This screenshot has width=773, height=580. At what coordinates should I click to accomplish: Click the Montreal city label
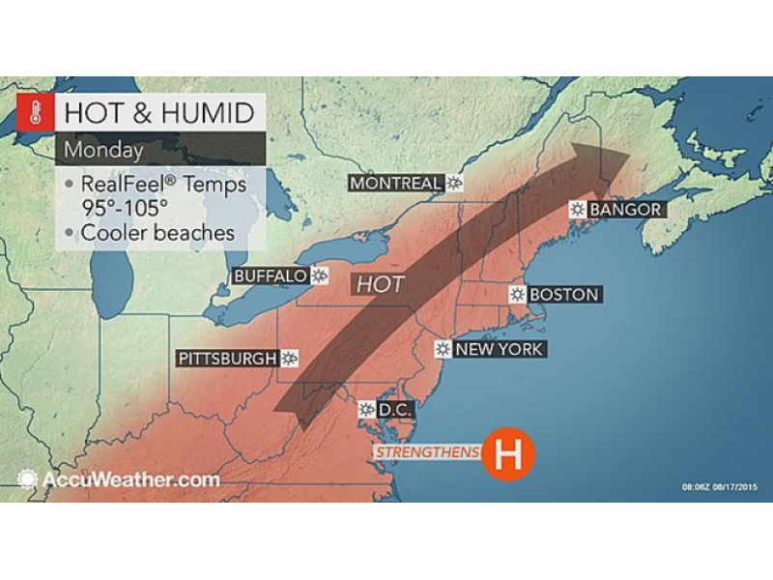point(395,183)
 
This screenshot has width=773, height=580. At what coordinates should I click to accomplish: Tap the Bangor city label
point(624,209)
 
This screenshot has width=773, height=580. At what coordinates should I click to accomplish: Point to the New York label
point(499,349)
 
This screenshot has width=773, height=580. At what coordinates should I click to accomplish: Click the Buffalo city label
point(271,276)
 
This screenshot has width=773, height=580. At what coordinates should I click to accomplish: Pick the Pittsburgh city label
point(227,359)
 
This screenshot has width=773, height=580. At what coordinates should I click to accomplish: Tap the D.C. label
point(394,410)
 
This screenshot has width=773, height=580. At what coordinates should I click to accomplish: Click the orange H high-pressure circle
point(508,452)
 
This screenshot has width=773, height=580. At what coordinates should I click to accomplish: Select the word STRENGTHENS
point(428,452)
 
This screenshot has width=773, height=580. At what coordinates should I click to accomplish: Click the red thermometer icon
point(35,113)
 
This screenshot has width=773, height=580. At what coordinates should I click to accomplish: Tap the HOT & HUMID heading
point(159,113)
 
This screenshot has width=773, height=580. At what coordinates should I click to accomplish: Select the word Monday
point(104,150)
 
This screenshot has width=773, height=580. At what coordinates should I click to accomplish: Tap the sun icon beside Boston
point(517,294)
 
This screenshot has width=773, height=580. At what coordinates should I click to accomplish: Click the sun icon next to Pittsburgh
point(289,359)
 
